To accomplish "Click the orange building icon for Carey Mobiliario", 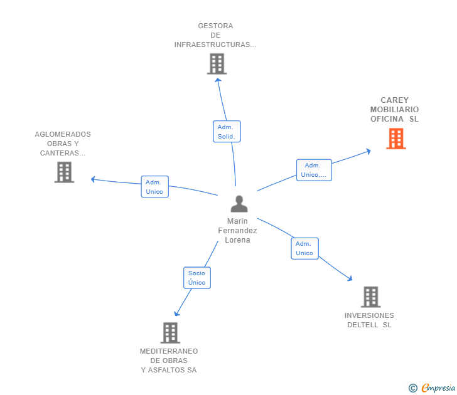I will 396,139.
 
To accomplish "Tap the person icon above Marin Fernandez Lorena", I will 239,204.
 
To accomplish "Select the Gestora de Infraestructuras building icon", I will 217,64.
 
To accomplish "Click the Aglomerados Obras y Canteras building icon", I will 64,172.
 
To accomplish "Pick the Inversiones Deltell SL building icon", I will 371,297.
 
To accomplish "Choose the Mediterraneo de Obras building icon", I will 170,332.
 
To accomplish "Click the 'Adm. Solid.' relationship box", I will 227,132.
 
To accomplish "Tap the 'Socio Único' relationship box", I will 196,278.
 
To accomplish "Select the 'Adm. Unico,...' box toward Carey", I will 314,170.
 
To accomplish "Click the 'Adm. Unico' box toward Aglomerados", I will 154,187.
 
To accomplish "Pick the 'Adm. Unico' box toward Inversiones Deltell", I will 304,248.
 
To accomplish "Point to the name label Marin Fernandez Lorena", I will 237,231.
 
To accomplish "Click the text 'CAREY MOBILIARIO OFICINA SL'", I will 394,110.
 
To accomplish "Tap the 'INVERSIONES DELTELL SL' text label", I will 369,320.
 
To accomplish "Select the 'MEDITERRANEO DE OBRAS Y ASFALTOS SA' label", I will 169,361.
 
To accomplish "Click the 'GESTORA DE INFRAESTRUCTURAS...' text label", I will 215,36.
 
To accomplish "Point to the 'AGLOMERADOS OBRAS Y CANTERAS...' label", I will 63,144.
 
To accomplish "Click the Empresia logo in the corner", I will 438,387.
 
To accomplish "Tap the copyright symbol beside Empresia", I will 412,388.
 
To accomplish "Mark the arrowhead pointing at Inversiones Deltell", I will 350,278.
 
